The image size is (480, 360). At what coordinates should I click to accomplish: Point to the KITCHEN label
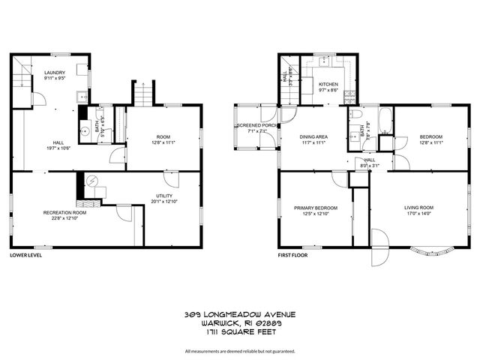coord(328,85)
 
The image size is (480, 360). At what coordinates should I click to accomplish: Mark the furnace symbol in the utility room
coord(92,181)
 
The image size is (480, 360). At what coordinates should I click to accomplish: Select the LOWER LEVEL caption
coord(25,256)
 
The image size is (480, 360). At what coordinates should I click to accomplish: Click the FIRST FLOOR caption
coord(294,256)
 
